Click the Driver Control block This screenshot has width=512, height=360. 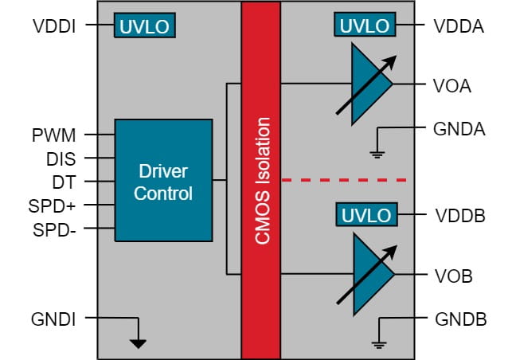(164, 182)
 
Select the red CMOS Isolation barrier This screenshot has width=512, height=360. (262, 179)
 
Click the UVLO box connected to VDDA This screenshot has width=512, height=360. (365, 25)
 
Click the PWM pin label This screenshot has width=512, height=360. (53, 135)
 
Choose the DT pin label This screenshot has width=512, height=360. (64, 182)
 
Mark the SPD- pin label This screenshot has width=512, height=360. (55, 230)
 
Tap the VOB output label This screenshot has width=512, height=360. (453, 276)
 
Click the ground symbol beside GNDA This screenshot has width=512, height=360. (377, 148)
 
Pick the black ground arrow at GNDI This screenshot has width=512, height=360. (139, 342)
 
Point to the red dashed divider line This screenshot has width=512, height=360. (345, 181)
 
